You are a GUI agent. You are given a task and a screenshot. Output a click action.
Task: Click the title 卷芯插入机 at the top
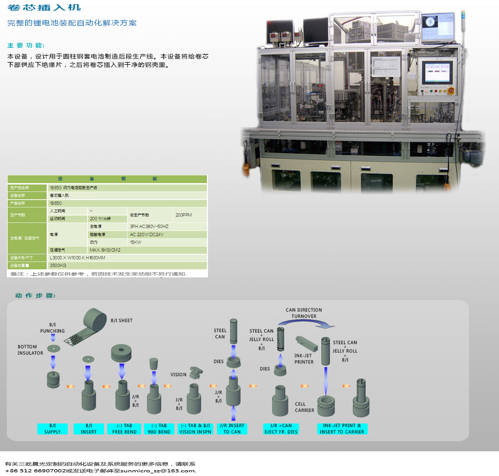click(x=44, y=7)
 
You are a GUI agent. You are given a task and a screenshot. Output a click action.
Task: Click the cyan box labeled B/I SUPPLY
click(x=53, y=428)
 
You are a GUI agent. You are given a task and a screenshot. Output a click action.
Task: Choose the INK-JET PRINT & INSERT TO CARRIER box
click(x=341, y=428)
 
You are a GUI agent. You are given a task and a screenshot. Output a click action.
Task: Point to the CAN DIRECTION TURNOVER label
click(x=304, y=313)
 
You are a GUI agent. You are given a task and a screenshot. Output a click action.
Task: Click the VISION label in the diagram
click(x=179, y=375)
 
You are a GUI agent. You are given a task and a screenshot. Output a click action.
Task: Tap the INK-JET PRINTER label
click(x=304, y=359)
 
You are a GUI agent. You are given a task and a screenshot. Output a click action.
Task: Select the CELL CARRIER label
click(x=305, y=407)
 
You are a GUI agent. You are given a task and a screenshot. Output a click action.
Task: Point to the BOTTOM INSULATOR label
click(x=30, y=350)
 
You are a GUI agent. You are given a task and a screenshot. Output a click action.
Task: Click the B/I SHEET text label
click(x=121, y=320)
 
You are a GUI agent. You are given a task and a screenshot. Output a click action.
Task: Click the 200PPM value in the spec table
click(x=184, y=215)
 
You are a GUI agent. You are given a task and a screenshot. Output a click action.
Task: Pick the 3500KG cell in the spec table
click(x=58, y=265)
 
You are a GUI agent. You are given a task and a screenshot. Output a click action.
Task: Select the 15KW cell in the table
click(x=136, y=242)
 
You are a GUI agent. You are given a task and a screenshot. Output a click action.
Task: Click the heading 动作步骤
click(x=35, y=295)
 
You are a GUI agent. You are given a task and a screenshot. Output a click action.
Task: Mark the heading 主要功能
click(x=26, y=45)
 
